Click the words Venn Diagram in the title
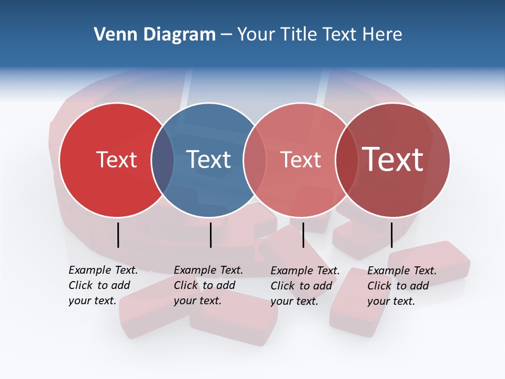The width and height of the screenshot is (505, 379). click(155, 34)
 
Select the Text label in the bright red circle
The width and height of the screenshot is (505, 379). click(116, 159)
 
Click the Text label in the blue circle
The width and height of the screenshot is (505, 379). click(208, 159)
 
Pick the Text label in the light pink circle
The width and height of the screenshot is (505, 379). click(300, 159)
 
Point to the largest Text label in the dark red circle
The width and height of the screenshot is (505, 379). click(393, 159)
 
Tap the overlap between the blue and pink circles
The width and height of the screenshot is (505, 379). click(255, 160)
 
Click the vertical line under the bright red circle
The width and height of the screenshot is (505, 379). click(118, 235)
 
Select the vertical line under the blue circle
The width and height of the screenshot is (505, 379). click(210, 235)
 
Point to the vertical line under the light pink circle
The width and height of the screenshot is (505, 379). click(303, 235)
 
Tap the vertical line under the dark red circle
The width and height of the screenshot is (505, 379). click(391, 235)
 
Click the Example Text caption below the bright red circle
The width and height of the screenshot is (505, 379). click(103, 285)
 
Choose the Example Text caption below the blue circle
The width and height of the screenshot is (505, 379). click(208, 285)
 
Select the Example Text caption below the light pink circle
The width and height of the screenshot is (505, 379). click(305, 286)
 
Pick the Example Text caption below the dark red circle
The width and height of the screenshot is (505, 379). click(401, 286)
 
